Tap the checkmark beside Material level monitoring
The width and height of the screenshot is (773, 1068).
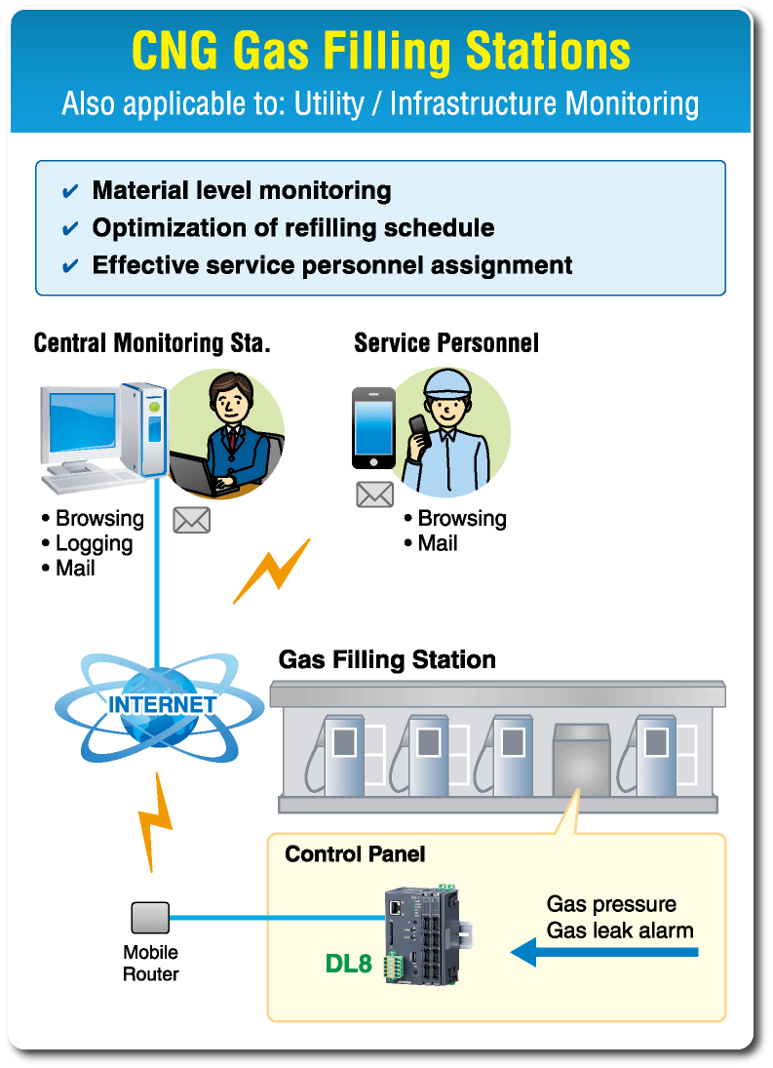pos(70,191)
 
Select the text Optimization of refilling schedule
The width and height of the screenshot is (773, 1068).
pos(292,228)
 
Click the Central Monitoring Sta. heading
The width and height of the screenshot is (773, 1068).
pos(151,343)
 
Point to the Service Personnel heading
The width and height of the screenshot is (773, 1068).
pos(446,343)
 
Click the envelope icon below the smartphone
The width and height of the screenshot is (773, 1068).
pos(374,494)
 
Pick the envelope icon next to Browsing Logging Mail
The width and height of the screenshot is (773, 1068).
pos(191,520)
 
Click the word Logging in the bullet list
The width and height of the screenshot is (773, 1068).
pos(94,543)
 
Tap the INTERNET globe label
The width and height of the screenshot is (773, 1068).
pos(163,704)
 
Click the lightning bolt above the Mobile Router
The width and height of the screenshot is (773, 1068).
pos(154,817)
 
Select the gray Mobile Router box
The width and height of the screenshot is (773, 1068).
pos(150,918)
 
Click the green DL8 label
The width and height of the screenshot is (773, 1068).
pos(348,965)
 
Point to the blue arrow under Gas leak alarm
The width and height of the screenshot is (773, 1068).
pos(604,952)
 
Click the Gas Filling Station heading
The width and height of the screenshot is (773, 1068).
pos(387,660)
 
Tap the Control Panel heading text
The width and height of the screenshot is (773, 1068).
pos(355,854)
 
